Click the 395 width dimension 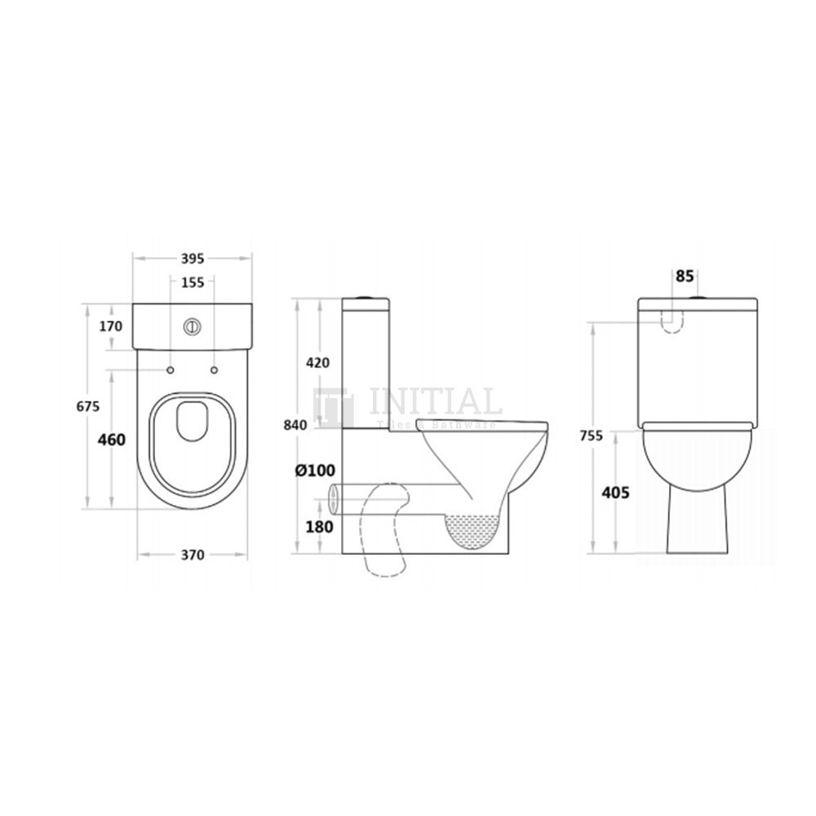point(192,259)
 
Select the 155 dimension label point(192,283)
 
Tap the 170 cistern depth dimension point(111,326)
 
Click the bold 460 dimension point(111,441)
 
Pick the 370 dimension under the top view point(192,555)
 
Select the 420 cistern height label point(318,363)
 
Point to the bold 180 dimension point(319,526)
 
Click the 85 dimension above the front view point(683,277)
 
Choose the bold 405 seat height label point(614,492)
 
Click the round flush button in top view point(193,325)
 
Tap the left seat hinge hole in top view point(171,371)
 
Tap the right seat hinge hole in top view point(215,371)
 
